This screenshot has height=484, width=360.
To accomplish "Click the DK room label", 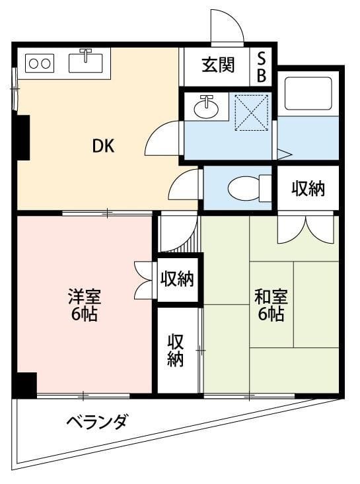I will pos(103,147).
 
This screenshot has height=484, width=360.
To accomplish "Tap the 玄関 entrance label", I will pos(218,66).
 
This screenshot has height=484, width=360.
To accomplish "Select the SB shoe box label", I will pos(262,67).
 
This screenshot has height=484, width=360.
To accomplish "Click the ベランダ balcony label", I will pos(96,421).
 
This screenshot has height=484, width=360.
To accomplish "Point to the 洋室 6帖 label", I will pos(84,304).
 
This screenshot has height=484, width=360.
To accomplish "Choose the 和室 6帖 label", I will pos(270,304).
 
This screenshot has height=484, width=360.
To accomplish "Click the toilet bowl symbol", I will pos(246,188).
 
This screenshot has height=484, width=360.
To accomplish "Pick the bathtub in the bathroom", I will pos(307,94).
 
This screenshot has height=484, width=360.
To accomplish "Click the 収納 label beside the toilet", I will pos(308,189).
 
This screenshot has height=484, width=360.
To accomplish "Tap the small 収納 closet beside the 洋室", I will pos(177,279).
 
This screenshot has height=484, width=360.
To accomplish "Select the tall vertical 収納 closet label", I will pos(176,351).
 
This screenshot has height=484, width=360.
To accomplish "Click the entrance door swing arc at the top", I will pos(226,27).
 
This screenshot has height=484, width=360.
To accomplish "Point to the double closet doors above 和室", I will pos(305,228).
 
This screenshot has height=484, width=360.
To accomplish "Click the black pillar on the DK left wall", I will pos(23,137).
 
